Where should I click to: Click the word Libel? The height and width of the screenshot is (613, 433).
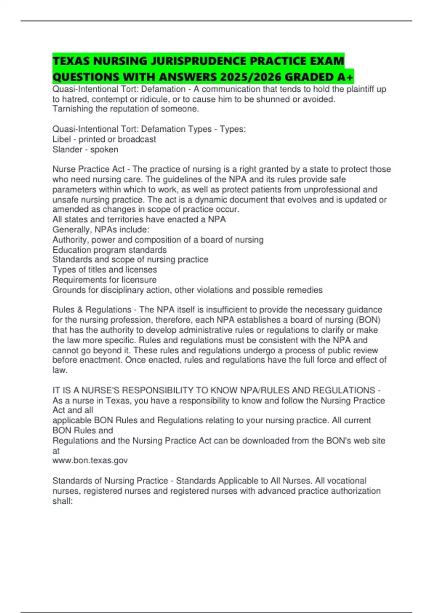[x=61, y=139]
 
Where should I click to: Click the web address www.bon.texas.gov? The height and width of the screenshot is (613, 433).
[x=90, y=460]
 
